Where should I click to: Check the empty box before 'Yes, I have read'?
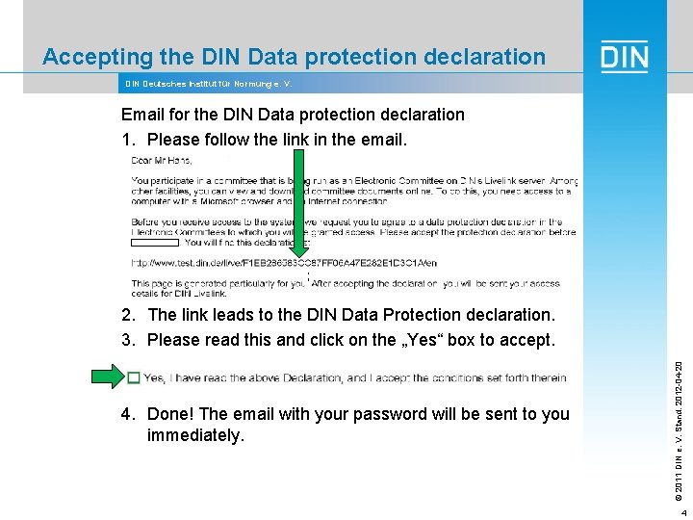tap(134, 378)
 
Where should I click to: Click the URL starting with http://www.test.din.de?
tap(283, 263)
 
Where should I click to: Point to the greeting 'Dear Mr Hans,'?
tap(163, 160)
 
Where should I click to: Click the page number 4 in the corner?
tap(681, 512)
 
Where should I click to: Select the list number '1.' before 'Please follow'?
tap(129, 141)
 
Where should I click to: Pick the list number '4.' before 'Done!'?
tap(129, 415)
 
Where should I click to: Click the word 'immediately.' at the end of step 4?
tap(196, 436)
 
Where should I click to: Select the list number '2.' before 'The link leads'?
tap(129, 315)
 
